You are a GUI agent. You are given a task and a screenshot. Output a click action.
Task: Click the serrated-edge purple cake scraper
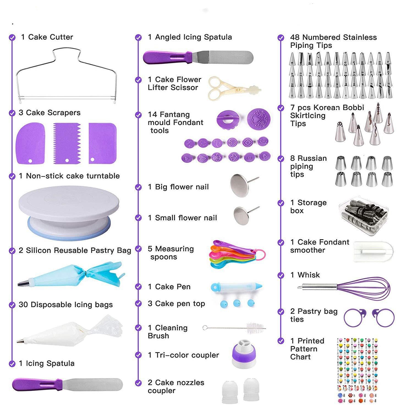click(x=67, y=143)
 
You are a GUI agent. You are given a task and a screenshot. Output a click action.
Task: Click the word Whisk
click(x=309, y=275)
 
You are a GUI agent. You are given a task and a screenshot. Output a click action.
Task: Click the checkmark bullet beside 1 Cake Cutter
click(x=12, y=37)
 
